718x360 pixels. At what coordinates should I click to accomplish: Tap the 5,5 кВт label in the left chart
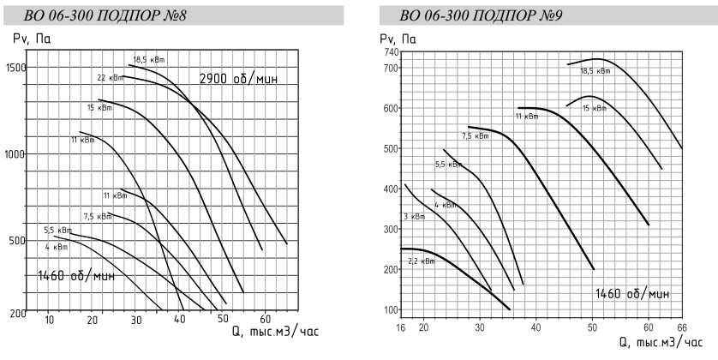click(57, 231)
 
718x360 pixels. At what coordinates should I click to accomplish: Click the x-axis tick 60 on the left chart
click(266, 321)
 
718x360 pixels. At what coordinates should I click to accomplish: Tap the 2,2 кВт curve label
click(421, 261)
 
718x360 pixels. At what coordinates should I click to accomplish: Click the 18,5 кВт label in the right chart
click(595, 71)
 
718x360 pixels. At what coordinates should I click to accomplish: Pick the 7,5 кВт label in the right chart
click(476, 135)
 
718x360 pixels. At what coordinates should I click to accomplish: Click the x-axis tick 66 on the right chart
click(681, 328)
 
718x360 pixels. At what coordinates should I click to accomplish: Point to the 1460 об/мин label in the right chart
click(633, 294)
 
